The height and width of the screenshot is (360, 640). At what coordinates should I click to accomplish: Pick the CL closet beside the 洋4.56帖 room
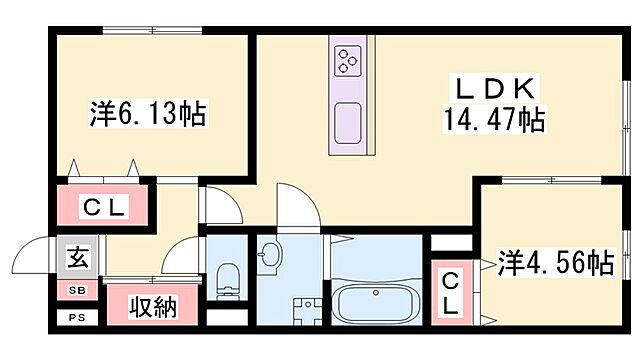[452, 290]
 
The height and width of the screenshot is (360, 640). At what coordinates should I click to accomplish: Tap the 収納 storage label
[153, 305]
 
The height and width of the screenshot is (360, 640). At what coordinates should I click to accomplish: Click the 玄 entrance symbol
[77, 259]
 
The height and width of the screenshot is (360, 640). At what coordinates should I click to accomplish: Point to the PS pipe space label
[76, 319]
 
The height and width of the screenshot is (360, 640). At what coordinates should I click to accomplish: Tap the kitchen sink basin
[347, 122]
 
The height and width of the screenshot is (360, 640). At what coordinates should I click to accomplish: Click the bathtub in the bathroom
[377, 302]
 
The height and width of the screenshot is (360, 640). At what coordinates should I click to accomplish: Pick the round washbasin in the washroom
[267, 256]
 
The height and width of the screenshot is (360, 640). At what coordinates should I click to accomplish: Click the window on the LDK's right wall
[626, 110]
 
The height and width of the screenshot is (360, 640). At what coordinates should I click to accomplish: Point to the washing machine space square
[306, 310]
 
